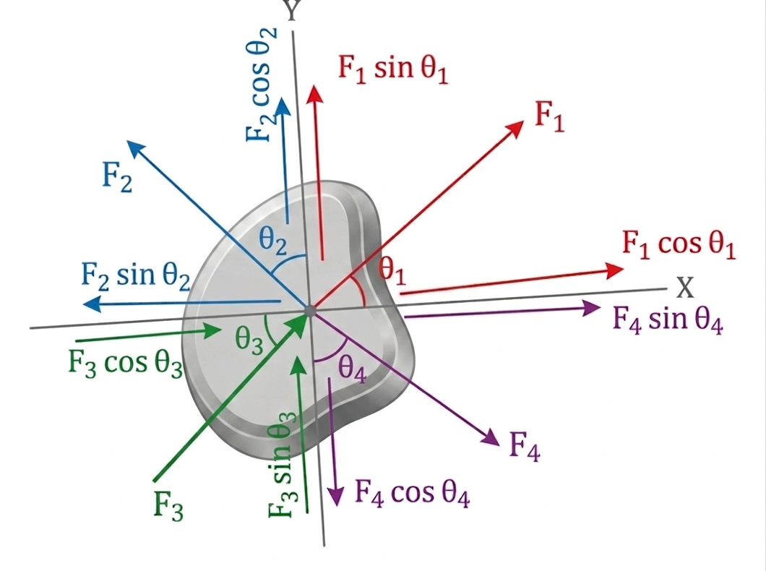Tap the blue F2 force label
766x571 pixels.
(117, 176)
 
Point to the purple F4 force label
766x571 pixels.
(525, 447)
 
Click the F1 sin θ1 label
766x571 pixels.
(393, 69)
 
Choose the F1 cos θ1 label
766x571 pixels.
(679, 244)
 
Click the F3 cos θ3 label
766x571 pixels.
(125, 364)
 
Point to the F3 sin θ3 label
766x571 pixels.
(282, 465)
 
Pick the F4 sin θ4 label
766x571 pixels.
(667, 320)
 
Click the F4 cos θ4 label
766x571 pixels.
(412, 493)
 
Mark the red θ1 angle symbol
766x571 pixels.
(392, 270)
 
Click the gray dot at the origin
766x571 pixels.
(309, 309)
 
